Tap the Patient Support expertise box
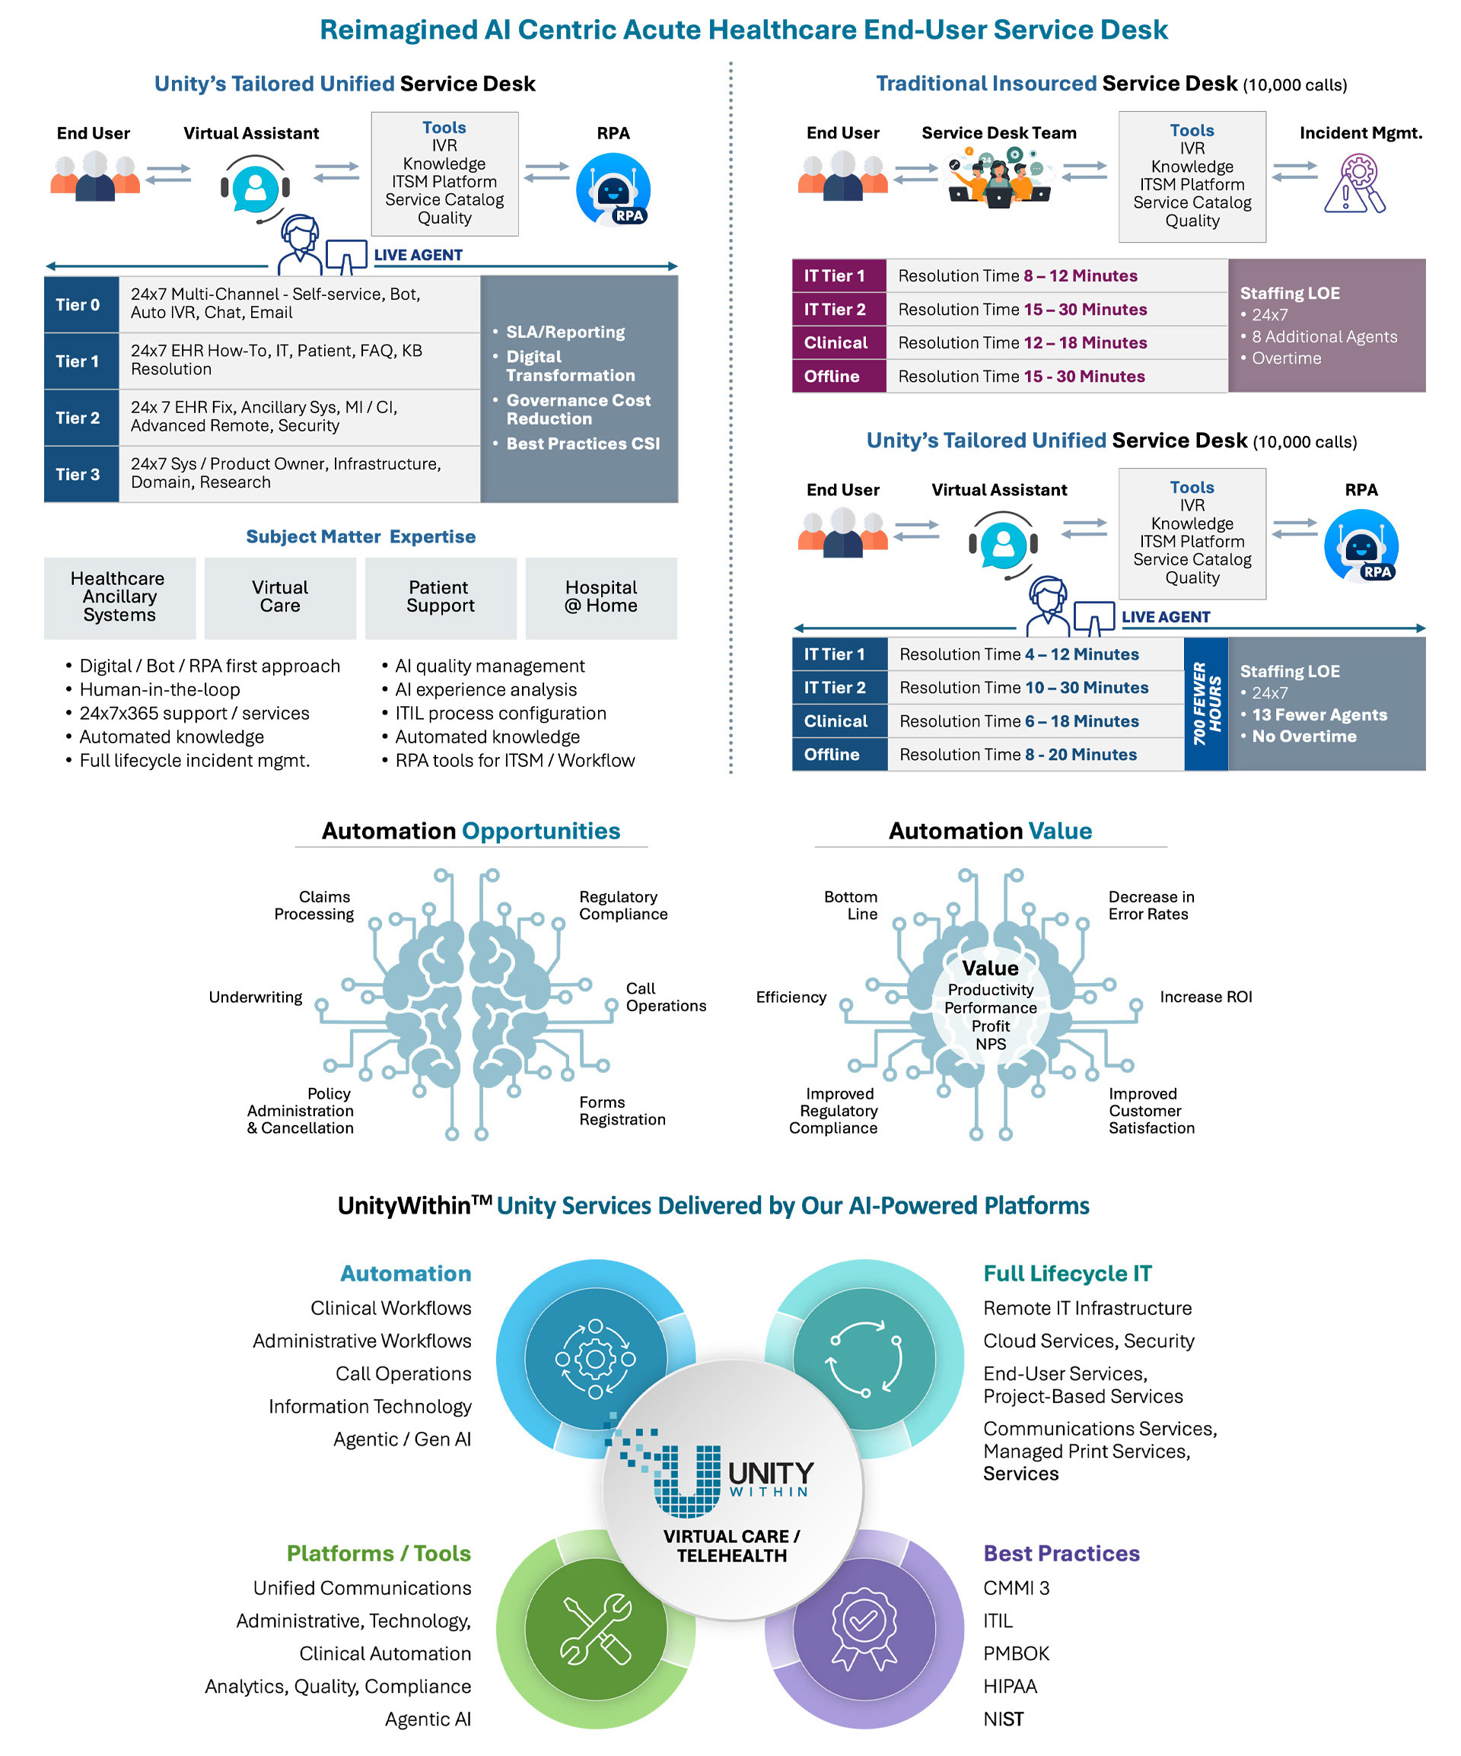coord(441,597)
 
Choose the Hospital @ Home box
coord(601,597)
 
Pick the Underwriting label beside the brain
coord(255,997)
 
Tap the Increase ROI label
coord(1206,997)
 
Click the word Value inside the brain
coord(990,969)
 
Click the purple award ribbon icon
coord(864,1628)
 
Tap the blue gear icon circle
coord(596,1359)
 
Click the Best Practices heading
coord(1062,1553)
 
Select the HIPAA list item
coord(1010,1686)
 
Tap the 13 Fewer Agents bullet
coord(1319,715)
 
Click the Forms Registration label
coord(622,1111)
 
